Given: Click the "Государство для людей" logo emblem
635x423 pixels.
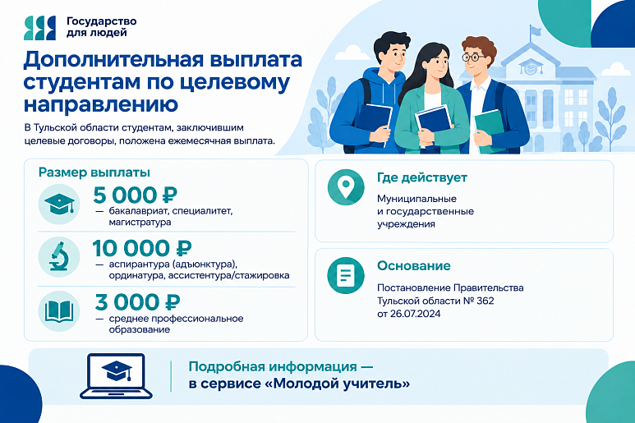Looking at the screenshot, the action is (x=39, y=28).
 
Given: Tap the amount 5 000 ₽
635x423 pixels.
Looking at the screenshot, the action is (x=136, y=195).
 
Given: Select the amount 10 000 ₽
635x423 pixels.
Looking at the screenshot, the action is (x=142, y=248).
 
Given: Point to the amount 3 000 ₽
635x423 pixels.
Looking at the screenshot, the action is (x=138, y=302).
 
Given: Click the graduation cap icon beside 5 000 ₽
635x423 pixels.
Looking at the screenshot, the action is (x=59, y=204).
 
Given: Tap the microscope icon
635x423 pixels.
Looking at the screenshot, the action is (x=59, y=257).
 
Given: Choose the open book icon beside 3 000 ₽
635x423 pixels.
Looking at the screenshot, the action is (x=59, y=310).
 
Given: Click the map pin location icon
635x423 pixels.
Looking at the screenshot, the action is (x=346, y=187).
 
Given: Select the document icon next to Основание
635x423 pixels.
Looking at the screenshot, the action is (x=346, y=275).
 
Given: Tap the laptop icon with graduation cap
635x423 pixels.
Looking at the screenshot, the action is (x=116, y=376).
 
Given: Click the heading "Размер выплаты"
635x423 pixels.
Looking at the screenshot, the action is (x=94, y=172).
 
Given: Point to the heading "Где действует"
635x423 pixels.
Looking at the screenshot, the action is (x=422, y=177).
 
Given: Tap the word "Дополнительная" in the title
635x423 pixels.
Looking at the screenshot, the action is (x=113, y=59).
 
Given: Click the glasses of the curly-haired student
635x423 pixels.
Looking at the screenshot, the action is (x=472, y=57).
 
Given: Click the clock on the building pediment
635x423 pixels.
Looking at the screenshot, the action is (x=529, y=67).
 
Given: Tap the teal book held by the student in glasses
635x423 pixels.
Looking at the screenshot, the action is (x=490, y=131).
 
